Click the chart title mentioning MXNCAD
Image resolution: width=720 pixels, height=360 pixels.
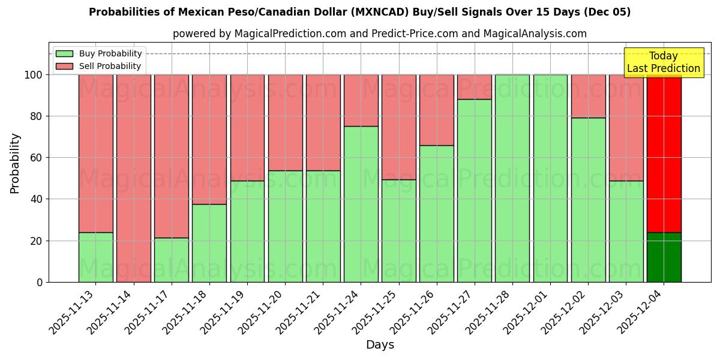point(359,12)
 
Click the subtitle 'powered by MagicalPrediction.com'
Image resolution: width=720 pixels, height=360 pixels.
point(379,34)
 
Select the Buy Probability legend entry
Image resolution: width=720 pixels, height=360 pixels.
point(98,53)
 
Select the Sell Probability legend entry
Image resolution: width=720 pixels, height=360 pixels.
point(98,66)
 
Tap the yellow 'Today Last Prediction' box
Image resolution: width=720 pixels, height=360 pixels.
point(663,62)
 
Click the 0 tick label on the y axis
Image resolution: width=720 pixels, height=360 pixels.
point(40,282)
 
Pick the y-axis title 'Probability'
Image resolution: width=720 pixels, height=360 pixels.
point(15,163)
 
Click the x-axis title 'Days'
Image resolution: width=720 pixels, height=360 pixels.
point(380,345)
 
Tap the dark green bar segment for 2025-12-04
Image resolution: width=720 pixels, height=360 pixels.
point(664,257)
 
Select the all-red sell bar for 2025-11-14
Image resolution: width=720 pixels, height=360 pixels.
point(133,178)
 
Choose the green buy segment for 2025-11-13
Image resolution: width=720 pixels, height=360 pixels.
point(95,257)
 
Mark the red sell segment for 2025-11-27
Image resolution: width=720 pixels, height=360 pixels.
point(474,87)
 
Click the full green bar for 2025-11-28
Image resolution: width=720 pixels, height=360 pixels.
point(512,178)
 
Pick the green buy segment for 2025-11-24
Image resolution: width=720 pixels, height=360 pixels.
point(361,204)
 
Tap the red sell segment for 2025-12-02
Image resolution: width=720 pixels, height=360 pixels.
point(588,96)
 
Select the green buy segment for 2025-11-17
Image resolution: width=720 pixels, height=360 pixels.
point(171,260)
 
